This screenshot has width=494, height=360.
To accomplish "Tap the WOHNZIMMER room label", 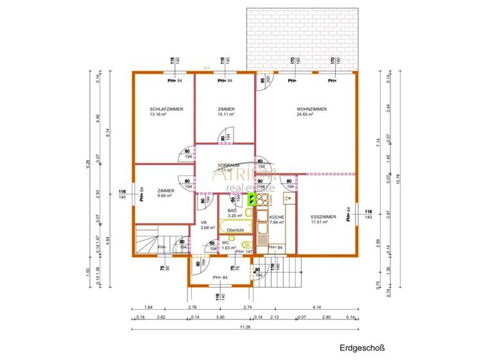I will pyautogui.click(x=311, y=109).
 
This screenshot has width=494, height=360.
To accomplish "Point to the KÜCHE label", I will pyautogui.click(x=277, y=218).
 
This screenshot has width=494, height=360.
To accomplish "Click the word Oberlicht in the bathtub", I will pyautogui.click(x=235, y=230).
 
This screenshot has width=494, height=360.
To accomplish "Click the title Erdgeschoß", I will pyautogui.click(x=362, y=348).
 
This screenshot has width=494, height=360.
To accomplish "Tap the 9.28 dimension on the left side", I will pyautogui.click(x=88, y=163).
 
